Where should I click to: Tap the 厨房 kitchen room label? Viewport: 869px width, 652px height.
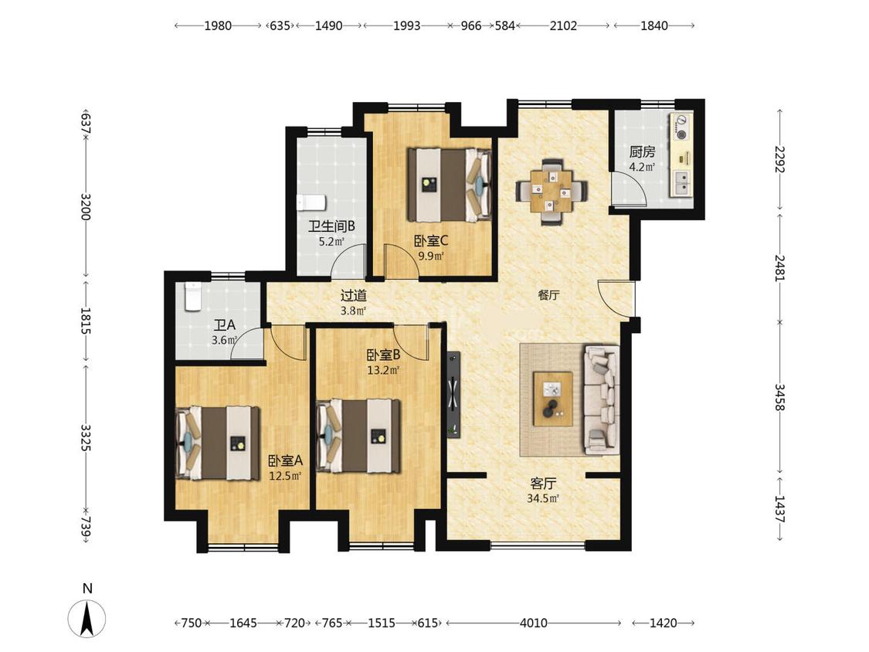pos(643,151)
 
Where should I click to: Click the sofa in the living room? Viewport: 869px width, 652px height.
pos(601,399)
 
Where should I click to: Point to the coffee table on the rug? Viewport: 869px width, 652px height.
pos(552,399)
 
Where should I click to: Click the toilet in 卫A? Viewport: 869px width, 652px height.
pos(192,296)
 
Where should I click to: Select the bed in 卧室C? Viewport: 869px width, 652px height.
pos(450,185)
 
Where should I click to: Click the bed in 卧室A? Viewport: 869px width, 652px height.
pos(217,443)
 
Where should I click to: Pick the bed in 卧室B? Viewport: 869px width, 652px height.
pos(358,436)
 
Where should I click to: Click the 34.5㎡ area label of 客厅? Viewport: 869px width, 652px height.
pos(543,498)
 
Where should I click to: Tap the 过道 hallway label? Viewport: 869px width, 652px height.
pos(353,296)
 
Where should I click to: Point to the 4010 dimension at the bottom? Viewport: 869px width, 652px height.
pos(534,623)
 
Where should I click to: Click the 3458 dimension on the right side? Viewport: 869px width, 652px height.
pos(779,397)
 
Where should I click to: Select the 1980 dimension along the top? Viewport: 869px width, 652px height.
pos(218,25)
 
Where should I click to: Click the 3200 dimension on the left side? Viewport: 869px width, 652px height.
pos(85,206)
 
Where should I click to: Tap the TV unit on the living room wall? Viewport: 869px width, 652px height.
pos(453,394)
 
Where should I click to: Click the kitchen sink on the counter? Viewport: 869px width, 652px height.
pos(681,183)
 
